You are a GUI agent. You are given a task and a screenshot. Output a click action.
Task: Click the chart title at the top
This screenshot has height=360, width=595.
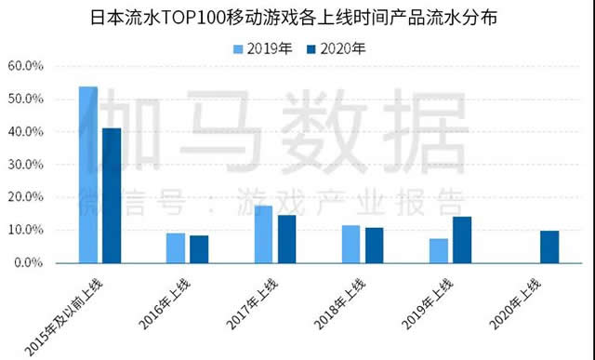click(x=297, y=18)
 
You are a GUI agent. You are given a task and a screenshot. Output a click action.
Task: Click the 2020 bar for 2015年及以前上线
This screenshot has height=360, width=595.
click(x=112, y=194)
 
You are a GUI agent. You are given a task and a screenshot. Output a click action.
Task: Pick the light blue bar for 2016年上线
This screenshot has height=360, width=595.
click(x=176, y=247)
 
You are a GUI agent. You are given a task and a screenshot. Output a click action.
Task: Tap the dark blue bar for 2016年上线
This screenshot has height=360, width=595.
click(x=199, y=248)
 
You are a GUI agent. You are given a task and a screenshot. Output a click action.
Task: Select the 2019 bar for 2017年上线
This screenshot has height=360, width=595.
click(x=263, y=233)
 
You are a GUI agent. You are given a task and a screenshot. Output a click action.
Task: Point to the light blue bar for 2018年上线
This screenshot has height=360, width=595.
click(x=350, y=244)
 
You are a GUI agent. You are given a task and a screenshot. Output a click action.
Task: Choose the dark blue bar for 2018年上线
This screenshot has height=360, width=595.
click(x=374, y=245)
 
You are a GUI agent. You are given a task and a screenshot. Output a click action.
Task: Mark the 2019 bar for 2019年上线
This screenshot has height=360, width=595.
click(x=439, y=250)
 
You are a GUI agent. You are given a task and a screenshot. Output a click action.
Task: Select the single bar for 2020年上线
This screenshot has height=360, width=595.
click(x=549, y=247)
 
